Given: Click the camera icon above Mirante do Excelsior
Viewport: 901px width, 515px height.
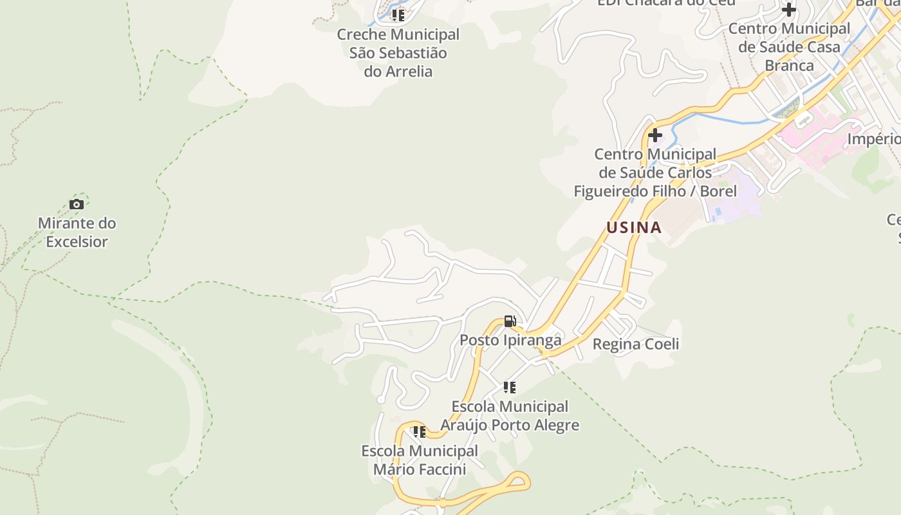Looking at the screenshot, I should click(x=77, y=205).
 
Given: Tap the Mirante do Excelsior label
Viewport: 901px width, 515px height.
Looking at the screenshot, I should click(x=77, y=232).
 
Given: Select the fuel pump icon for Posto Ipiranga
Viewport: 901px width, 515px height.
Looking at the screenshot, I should click(x=510, y=321).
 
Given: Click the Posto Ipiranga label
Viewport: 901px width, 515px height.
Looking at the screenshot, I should click(x=510, y=340).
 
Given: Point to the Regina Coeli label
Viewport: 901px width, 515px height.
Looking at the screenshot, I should click(x=635, y=344).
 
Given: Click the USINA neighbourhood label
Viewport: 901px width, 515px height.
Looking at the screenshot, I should click(x=634, y=227).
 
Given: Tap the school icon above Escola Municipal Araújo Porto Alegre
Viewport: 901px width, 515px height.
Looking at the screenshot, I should click(x=510, y=388).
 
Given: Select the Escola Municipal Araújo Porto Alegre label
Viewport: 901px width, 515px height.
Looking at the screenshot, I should click(x=510, y=416).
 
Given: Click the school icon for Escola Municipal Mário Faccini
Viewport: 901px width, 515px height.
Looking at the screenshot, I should click(x=420, y=432).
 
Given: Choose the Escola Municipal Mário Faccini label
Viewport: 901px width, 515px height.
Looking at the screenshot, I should click(x=420, y=460).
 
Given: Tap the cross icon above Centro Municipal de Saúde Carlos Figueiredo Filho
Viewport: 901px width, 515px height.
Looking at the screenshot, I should click(x=655, y=136).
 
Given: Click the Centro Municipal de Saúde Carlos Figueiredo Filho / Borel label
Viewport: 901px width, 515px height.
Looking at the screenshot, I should click(x=655, y=173).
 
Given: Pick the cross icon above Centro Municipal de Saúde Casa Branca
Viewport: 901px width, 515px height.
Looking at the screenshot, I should click(x=789, y=10).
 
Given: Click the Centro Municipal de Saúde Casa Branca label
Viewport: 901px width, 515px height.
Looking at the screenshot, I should click(x=789, y=47).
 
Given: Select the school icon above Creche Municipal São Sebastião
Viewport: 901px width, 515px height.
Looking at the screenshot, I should click(x=398, y=15).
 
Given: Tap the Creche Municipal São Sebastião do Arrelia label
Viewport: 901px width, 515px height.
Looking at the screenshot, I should click(x=398, y=53).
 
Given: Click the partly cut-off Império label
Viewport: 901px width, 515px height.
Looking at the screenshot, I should click(x=874, y=139).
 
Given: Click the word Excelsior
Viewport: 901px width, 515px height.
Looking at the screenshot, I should click(x=77, y=242).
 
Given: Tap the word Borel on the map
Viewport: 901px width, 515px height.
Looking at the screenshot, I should click(x=718, y=191).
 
